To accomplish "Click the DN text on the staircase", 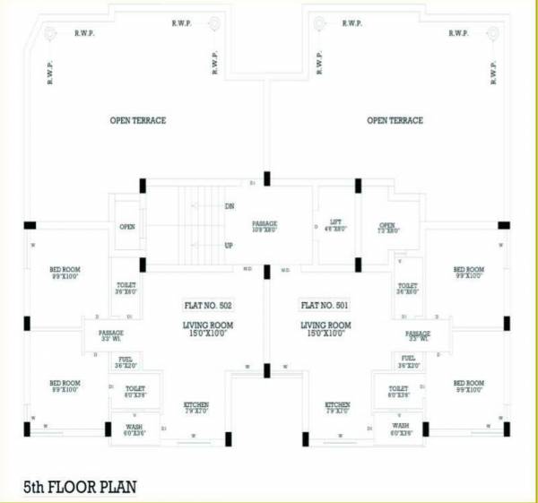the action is point(230,206).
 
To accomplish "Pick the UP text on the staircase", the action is point(230,244).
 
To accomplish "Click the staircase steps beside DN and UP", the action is point(198,225).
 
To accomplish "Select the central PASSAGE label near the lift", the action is point(266,223).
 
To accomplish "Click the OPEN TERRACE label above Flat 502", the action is point(138,120).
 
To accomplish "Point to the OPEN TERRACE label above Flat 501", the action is point(395,120).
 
